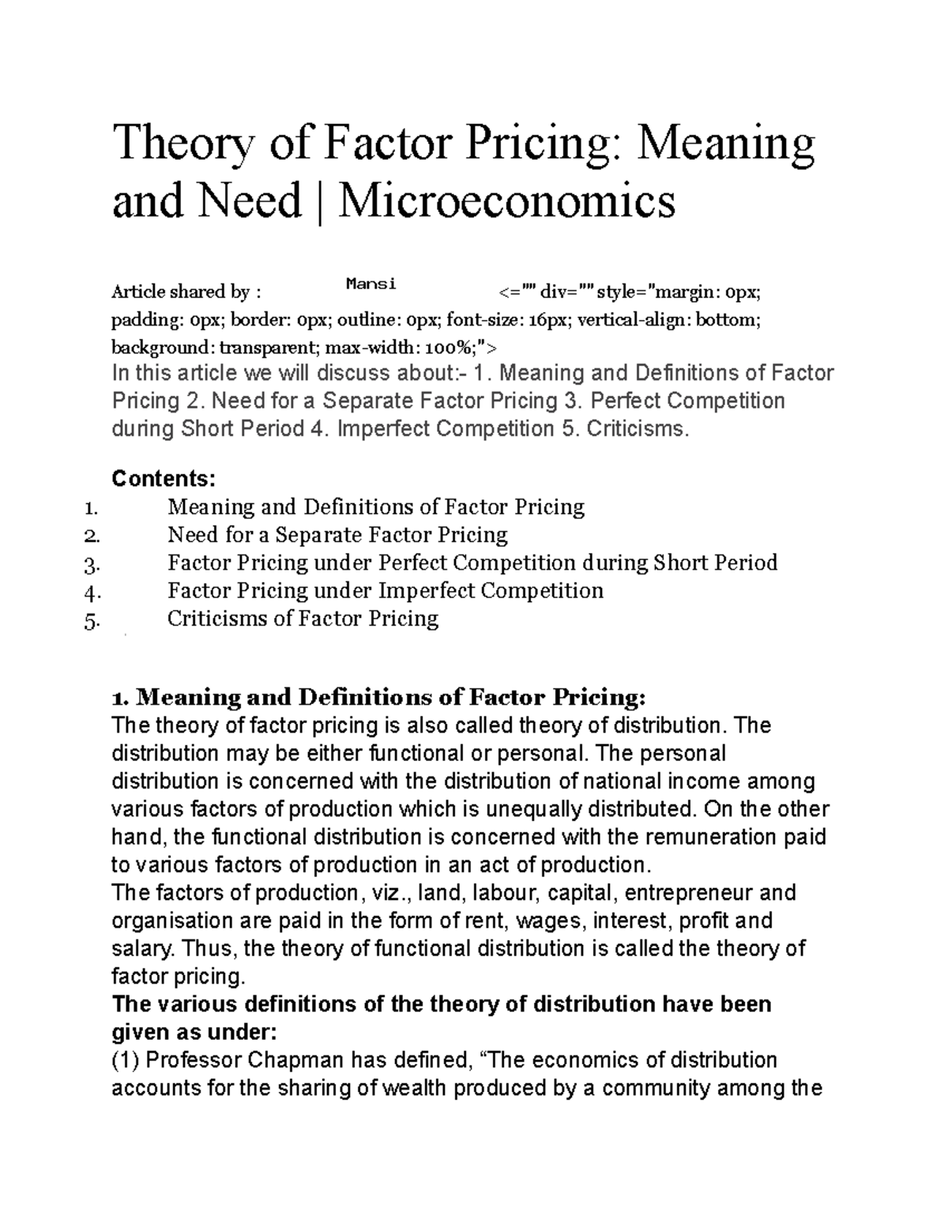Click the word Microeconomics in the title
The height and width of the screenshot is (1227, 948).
click(506, 201)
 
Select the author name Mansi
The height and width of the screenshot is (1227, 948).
click(371, 284)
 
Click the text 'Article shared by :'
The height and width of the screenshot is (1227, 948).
click(186, 292)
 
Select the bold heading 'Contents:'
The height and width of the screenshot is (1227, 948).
click(164, 479)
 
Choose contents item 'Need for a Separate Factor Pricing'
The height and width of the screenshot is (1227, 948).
click(337, 535)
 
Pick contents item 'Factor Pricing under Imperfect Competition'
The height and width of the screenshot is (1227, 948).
click(385, 591)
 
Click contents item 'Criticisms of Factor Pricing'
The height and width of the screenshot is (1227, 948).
click(303, 619)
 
